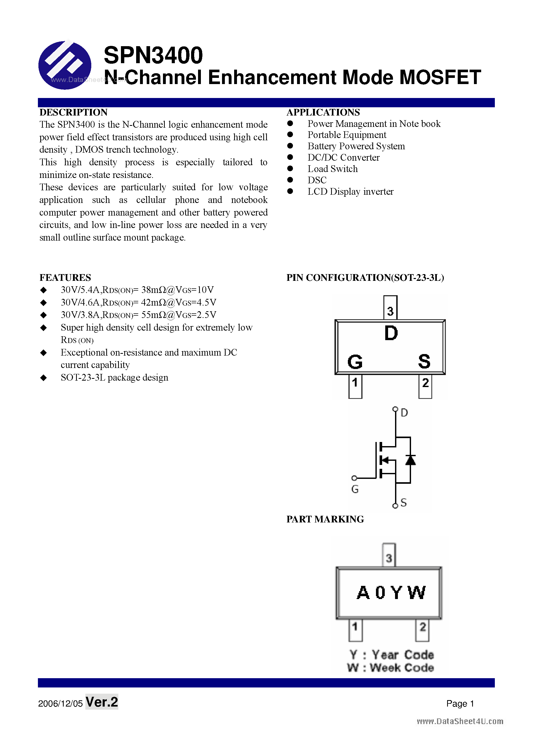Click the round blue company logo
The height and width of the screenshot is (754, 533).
[65, 65]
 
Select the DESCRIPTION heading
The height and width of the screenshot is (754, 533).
[73, 112]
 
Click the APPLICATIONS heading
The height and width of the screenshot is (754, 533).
[323, 112]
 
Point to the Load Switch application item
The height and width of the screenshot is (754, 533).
[332, 169]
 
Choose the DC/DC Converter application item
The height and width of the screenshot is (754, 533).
[343, 158]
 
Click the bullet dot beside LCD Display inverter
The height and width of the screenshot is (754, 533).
[290, 191]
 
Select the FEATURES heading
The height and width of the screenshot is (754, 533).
[65, 277]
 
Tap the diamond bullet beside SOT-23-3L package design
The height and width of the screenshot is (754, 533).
[43, 378]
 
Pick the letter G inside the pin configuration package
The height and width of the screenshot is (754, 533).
[355, 362]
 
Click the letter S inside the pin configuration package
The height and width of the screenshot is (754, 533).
[424, 361]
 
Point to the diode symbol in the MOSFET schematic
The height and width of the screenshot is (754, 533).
[410, 460]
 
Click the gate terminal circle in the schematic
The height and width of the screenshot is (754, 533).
[354, 478]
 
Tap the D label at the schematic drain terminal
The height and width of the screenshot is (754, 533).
[404, 413]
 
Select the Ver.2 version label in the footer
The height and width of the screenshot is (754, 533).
[102, 702]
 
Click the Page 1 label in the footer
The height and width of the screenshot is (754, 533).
[460, 703]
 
